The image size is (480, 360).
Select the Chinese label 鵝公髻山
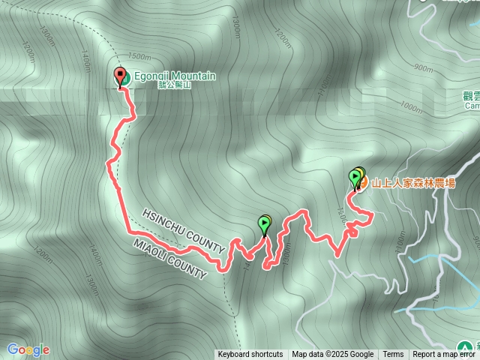pyautogui.click(x=175, y=85)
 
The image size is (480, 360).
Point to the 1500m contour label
pyautogui.click(x=140, y=57)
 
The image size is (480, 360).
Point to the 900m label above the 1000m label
pyautogui.click(x=423, y=68)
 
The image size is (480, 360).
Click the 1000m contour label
pyautogui.click(x=412, y=106)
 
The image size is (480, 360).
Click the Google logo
pyautogui.click(x=28, y=349)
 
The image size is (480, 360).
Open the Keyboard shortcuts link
pyautogui.click(x=250, y=355)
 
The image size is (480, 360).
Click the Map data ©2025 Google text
pyautogui.click(x=333, y=355)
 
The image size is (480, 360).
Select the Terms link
pyautogui.click(x=393, y=355)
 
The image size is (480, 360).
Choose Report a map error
pyautogui.click(x=444, y=355)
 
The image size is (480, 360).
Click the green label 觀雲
pyautogui.click(x=471, y=96)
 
